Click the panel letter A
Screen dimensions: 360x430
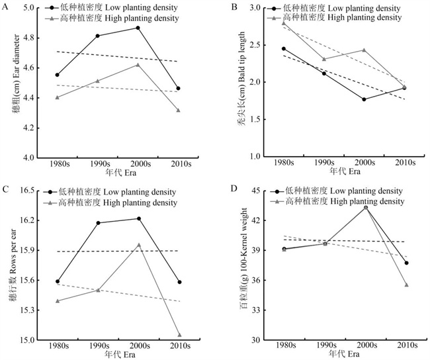tap(7, 9)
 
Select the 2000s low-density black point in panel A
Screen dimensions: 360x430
tap(138, 27)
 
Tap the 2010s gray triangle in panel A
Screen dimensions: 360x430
tap(178, 110)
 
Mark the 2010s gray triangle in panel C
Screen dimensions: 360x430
tap(179, 335)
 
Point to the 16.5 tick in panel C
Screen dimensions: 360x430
tap(28, 191)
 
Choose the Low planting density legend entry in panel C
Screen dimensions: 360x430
tap(119, 192)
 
